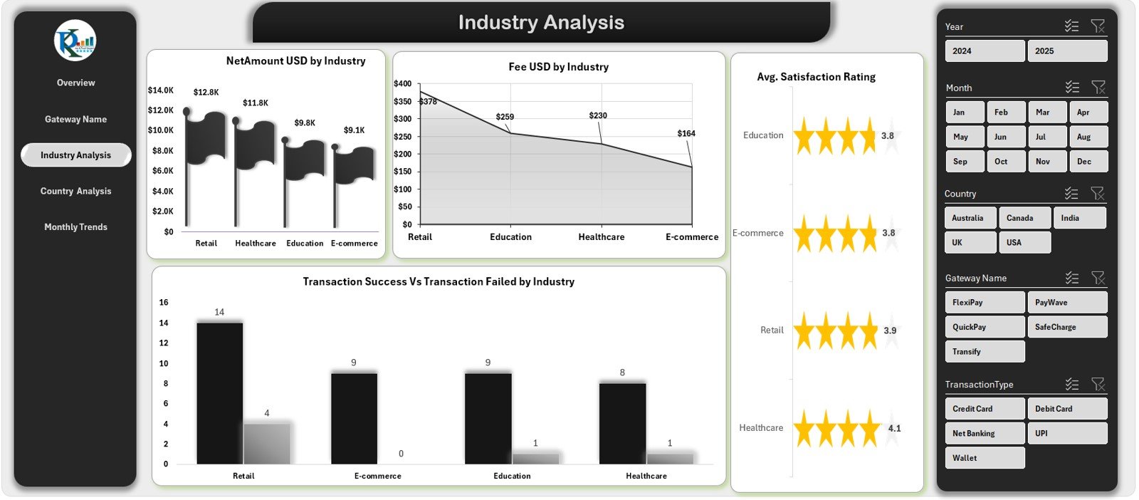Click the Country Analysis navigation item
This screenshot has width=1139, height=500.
click(75, 191)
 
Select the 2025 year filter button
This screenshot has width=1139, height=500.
click(1066, 51)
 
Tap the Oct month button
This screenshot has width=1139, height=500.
click(1005, 161)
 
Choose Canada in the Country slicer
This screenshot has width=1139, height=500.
click(1024, 218)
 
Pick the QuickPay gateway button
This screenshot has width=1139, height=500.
click(984, 327)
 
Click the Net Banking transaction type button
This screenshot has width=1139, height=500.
click(984, 433)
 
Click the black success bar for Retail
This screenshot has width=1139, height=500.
click(219, 392)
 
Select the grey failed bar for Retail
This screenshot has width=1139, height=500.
click(266, 443)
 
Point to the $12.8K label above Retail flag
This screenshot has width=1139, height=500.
click(206, 92)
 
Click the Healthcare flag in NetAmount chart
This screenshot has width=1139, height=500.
click(255, 142)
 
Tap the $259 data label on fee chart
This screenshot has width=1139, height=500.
click(505, 117)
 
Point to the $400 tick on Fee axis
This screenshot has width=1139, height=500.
click(403, 83)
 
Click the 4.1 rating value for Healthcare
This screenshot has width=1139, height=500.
click(894, 428)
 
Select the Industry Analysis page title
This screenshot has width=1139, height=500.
click(541, 23)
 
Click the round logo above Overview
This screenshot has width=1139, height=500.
click(75, 41)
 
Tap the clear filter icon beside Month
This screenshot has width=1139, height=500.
click(1098, 88)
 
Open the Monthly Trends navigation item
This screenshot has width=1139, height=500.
click(75, 226)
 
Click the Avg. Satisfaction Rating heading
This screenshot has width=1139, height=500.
click(816, 77)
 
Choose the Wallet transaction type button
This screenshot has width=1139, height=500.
click(984, 458)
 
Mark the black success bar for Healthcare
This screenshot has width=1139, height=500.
click(622, 423)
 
